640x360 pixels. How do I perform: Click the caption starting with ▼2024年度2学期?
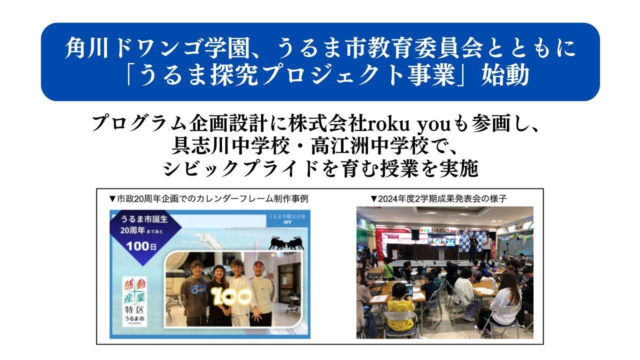pyautogui.click(x=438, y=198)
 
